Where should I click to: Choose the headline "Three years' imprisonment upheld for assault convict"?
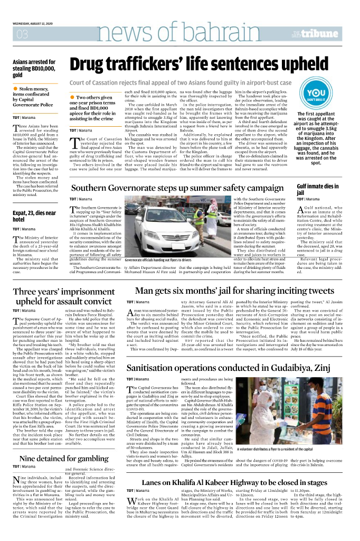click(x=64, y=296)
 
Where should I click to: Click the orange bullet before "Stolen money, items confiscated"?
click(x=16, y=89)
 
